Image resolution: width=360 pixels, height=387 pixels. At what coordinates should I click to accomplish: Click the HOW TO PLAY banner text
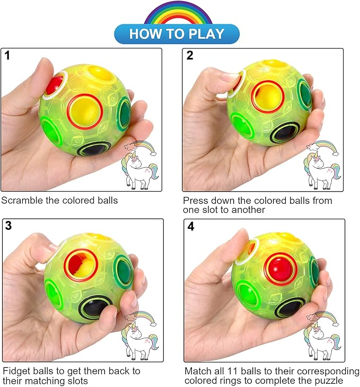point(177,34)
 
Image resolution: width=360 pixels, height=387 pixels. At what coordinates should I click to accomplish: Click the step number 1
point(7,55)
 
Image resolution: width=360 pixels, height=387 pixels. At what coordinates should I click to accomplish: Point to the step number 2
point(190,55)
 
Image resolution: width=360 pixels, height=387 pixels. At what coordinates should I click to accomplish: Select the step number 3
point(8,226)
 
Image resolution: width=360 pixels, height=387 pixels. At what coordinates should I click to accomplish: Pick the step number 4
point(190,226)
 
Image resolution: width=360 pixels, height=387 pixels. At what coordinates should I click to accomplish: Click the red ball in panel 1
point(54,84)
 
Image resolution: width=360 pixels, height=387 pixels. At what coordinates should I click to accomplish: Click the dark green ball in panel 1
point(125,113)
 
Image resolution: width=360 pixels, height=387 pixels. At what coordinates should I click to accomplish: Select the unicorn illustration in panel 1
point(140,165)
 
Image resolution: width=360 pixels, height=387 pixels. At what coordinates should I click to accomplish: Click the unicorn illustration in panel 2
point(322,165)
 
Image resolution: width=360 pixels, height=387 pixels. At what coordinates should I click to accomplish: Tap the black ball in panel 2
point(284,133)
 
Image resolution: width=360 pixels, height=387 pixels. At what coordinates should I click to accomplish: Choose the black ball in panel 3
point(93,308)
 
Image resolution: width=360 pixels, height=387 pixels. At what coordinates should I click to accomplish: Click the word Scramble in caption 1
point(22,201)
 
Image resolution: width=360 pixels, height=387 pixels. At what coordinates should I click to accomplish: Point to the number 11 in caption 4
point(231,371)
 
